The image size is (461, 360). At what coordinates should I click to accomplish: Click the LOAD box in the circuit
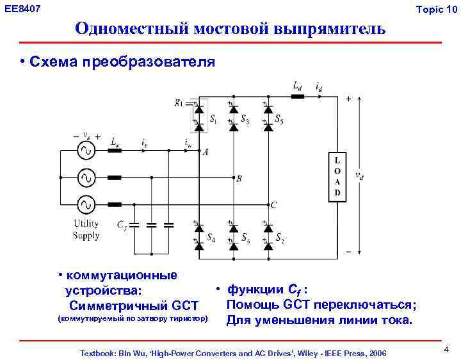(338, 176)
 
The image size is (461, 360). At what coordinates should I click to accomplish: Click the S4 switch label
(211, 237)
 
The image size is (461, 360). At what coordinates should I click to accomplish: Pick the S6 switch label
(246, 237)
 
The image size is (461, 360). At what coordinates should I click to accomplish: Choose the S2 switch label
(279, 237)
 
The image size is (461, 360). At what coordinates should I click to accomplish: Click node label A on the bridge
(206, 152)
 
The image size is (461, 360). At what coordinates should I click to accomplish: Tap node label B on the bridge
(239, 179)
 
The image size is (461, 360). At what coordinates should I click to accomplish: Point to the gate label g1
(179, 102)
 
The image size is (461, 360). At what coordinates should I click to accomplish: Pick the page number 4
(446, 350)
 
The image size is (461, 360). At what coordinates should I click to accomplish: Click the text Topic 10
(437, 8)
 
